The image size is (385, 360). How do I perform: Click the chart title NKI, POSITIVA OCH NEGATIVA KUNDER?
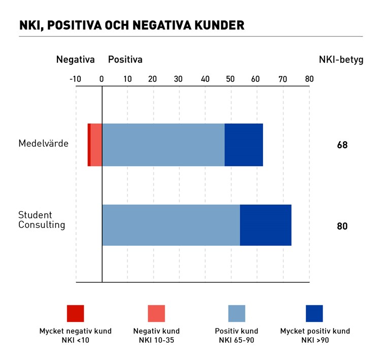coord(132,25)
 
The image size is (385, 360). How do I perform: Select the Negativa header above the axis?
coord(75,59)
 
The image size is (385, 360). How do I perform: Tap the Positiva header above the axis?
coord(125,59)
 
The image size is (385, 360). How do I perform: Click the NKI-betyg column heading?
coord(341,59)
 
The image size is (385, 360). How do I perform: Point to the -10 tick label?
coord(75,79)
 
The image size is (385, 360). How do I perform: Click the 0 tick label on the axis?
coord(102,79)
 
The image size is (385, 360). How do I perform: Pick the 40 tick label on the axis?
coord(205,79)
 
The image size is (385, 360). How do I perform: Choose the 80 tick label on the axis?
coord(309,79)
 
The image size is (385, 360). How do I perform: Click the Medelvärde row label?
coord(43,144)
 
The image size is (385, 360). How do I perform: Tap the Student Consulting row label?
coord(42,220)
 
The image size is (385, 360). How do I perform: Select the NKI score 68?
coord(342,145)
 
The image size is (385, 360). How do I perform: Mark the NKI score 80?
coord(342,226)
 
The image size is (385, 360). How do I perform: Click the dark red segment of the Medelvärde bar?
coord(89,145)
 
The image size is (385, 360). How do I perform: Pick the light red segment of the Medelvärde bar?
coord(96,145)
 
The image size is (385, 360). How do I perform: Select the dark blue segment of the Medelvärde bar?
coord(244,145)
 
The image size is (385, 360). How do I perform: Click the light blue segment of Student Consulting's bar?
coord(171,225)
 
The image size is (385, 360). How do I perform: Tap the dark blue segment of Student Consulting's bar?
coord(266,225)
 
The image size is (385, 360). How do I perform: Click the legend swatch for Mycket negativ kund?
coord(75,313)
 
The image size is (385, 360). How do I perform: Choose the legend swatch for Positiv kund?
coord(237,313)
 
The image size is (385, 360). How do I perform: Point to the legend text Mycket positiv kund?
coord(315,331)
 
